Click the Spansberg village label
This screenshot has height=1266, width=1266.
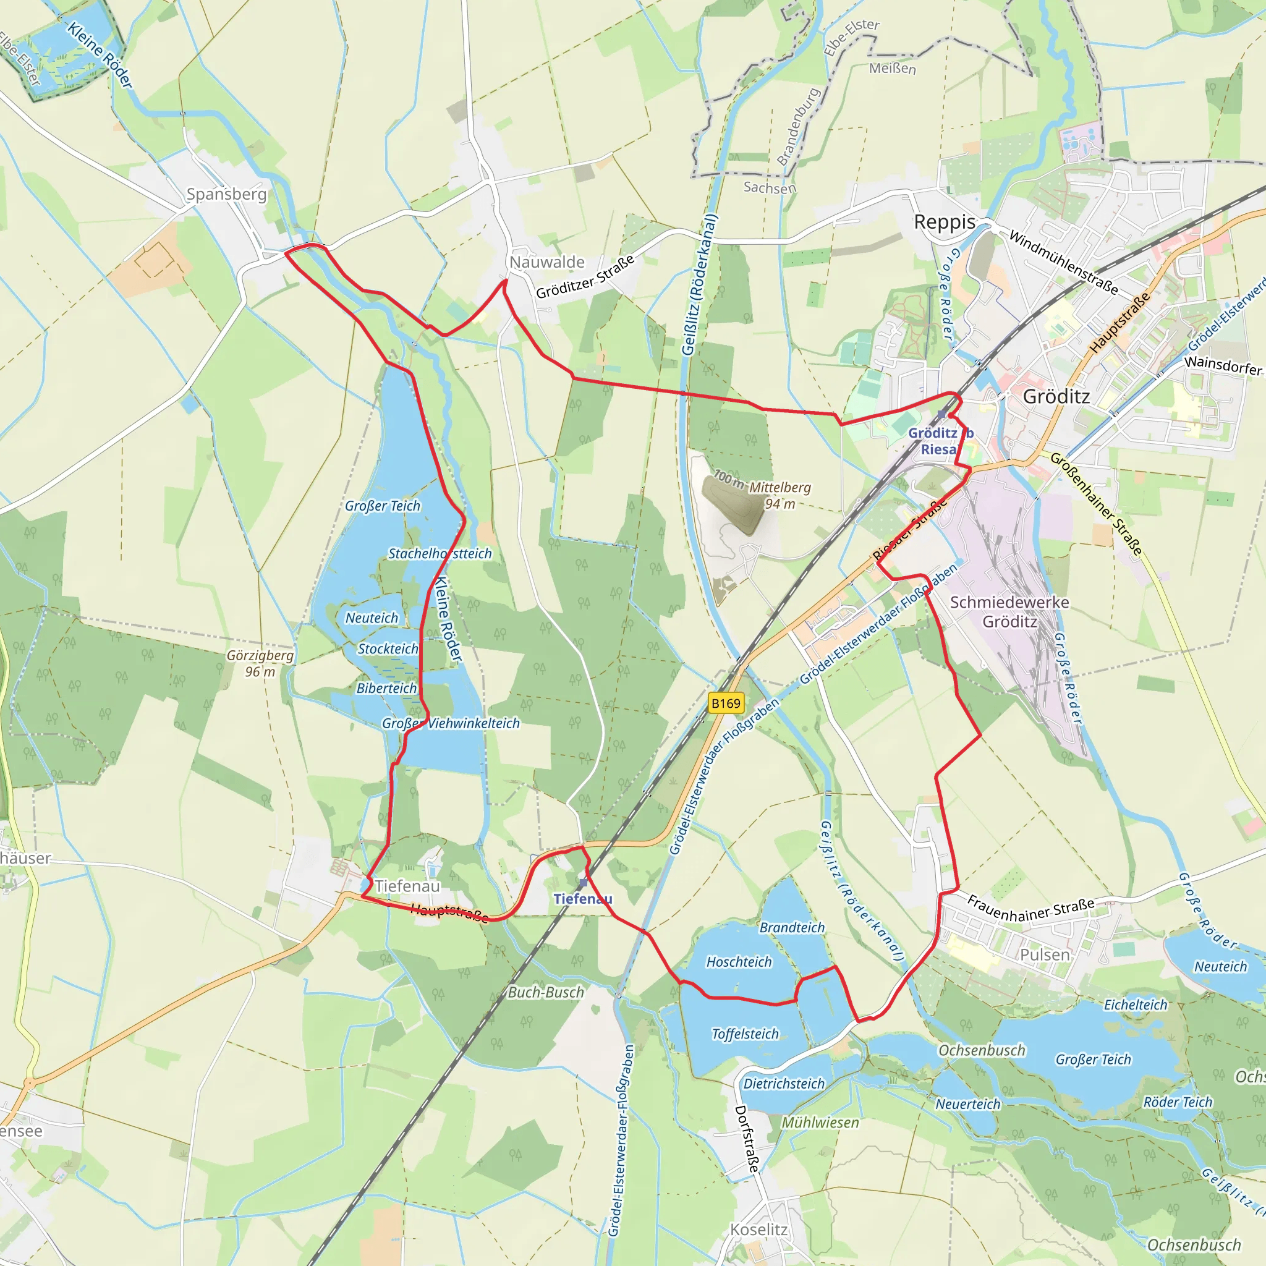coord(226,195)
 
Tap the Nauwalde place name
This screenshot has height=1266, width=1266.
coord(546,262)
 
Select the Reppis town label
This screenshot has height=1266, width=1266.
coord(945,222)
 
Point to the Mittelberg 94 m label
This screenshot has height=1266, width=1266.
coord(780,495)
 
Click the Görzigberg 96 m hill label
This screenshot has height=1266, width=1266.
coord(260,663)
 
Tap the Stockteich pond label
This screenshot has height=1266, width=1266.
coord(387,648)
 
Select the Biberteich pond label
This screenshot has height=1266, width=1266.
coord(386,688)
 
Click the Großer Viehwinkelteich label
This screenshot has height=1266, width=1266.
coord(451,723)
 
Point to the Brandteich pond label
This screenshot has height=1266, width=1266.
coord(792,927)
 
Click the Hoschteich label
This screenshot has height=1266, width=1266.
coord(739,961)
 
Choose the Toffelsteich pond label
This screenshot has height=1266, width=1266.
coord(745,1034)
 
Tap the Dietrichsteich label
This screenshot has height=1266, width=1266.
coord(784,1083)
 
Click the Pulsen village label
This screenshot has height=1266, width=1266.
coord(1045,954)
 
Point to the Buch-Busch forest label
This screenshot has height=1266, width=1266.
coord(545,992)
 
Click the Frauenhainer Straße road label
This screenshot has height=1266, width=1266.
coord(1030,909)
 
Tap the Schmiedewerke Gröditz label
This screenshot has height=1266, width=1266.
coord(1009,611)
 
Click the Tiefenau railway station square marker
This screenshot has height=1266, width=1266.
coord(583,883)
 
